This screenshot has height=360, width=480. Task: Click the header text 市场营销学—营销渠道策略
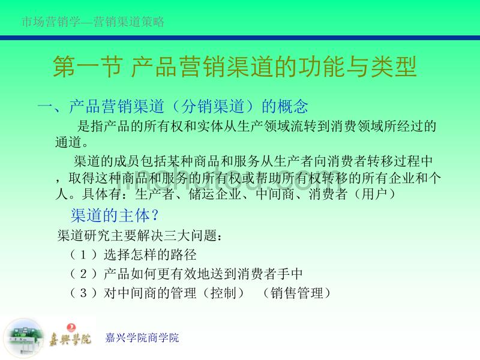(93, 22)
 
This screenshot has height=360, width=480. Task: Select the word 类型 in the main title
(394, 67)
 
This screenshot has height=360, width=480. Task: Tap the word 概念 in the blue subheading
(293, 106)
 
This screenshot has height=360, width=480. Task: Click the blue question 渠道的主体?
(115, 215)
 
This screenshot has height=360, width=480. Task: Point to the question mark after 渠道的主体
(155, 215)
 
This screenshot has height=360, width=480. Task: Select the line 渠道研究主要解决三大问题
(137, 235)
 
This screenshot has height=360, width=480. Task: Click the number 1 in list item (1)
(83, 254)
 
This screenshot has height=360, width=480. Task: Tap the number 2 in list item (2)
(83, 274)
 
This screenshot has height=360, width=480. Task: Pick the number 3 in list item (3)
(83, 293)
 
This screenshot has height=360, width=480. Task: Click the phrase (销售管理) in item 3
(296, 293)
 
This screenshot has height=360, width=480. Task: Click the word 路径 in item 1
(184, 254)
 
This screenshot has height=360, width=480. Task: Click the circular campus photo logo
(23, 338)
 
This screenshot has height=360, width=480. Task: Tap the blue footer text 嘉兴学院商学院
(142, 338)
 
